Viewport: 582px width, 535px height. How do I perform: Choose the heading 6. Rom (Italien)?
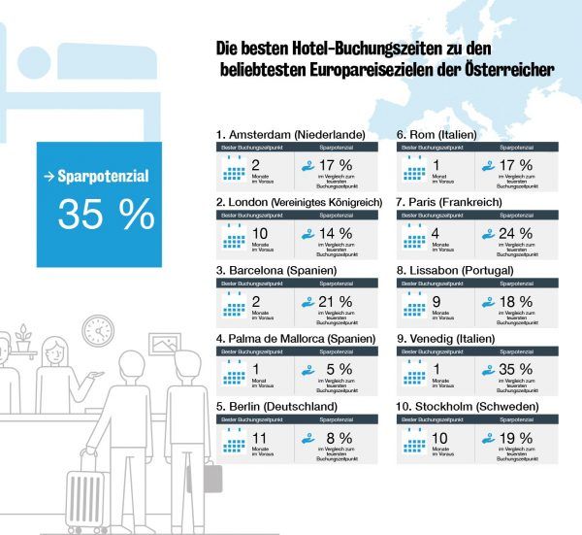[442, 134]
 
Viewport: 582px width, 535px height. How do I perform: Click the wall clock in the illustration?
[98, 330]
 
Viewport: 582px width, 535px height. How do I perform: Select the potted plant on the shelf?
[23, 339]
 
